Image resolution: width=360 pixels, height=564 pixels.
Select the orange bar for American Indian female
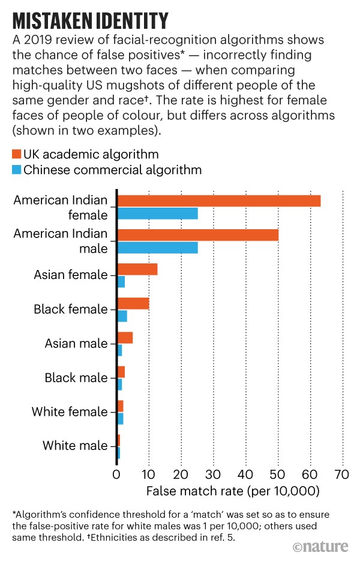218,200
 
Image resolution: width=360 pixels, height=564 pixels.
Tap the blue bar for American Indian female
157,213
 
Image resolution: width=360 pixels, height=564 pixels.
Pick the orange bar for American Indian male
197,235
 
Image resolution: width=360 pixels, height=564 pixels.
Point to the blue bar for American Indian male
157,247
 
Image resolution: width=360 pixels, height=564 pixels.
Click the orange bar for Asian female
137,269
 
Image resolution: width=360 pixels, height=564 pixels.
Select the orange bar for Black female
133,303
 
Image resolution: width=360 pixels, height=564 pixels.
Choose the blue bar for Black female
122,316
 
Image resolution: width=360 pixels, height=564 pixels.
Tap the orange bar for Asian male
125,337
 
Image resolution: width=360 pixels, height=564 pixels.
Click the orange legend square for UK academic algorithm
16,155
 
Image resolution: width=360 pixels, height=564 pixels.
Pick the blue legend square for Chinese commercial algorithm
16,170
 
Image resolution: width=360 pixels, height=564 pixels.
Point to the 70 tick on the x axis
342,475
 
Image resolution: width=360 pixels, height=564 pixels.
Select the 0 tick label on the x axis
116,475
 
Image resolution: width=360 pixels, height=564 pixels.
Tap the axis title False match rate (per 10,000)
232,491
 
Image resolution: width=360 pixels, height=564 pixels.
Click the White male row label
75,446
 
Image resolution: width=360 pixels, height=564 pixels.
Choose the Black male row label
76,378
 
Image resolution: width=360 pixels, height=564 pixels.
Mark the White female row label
69,412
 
